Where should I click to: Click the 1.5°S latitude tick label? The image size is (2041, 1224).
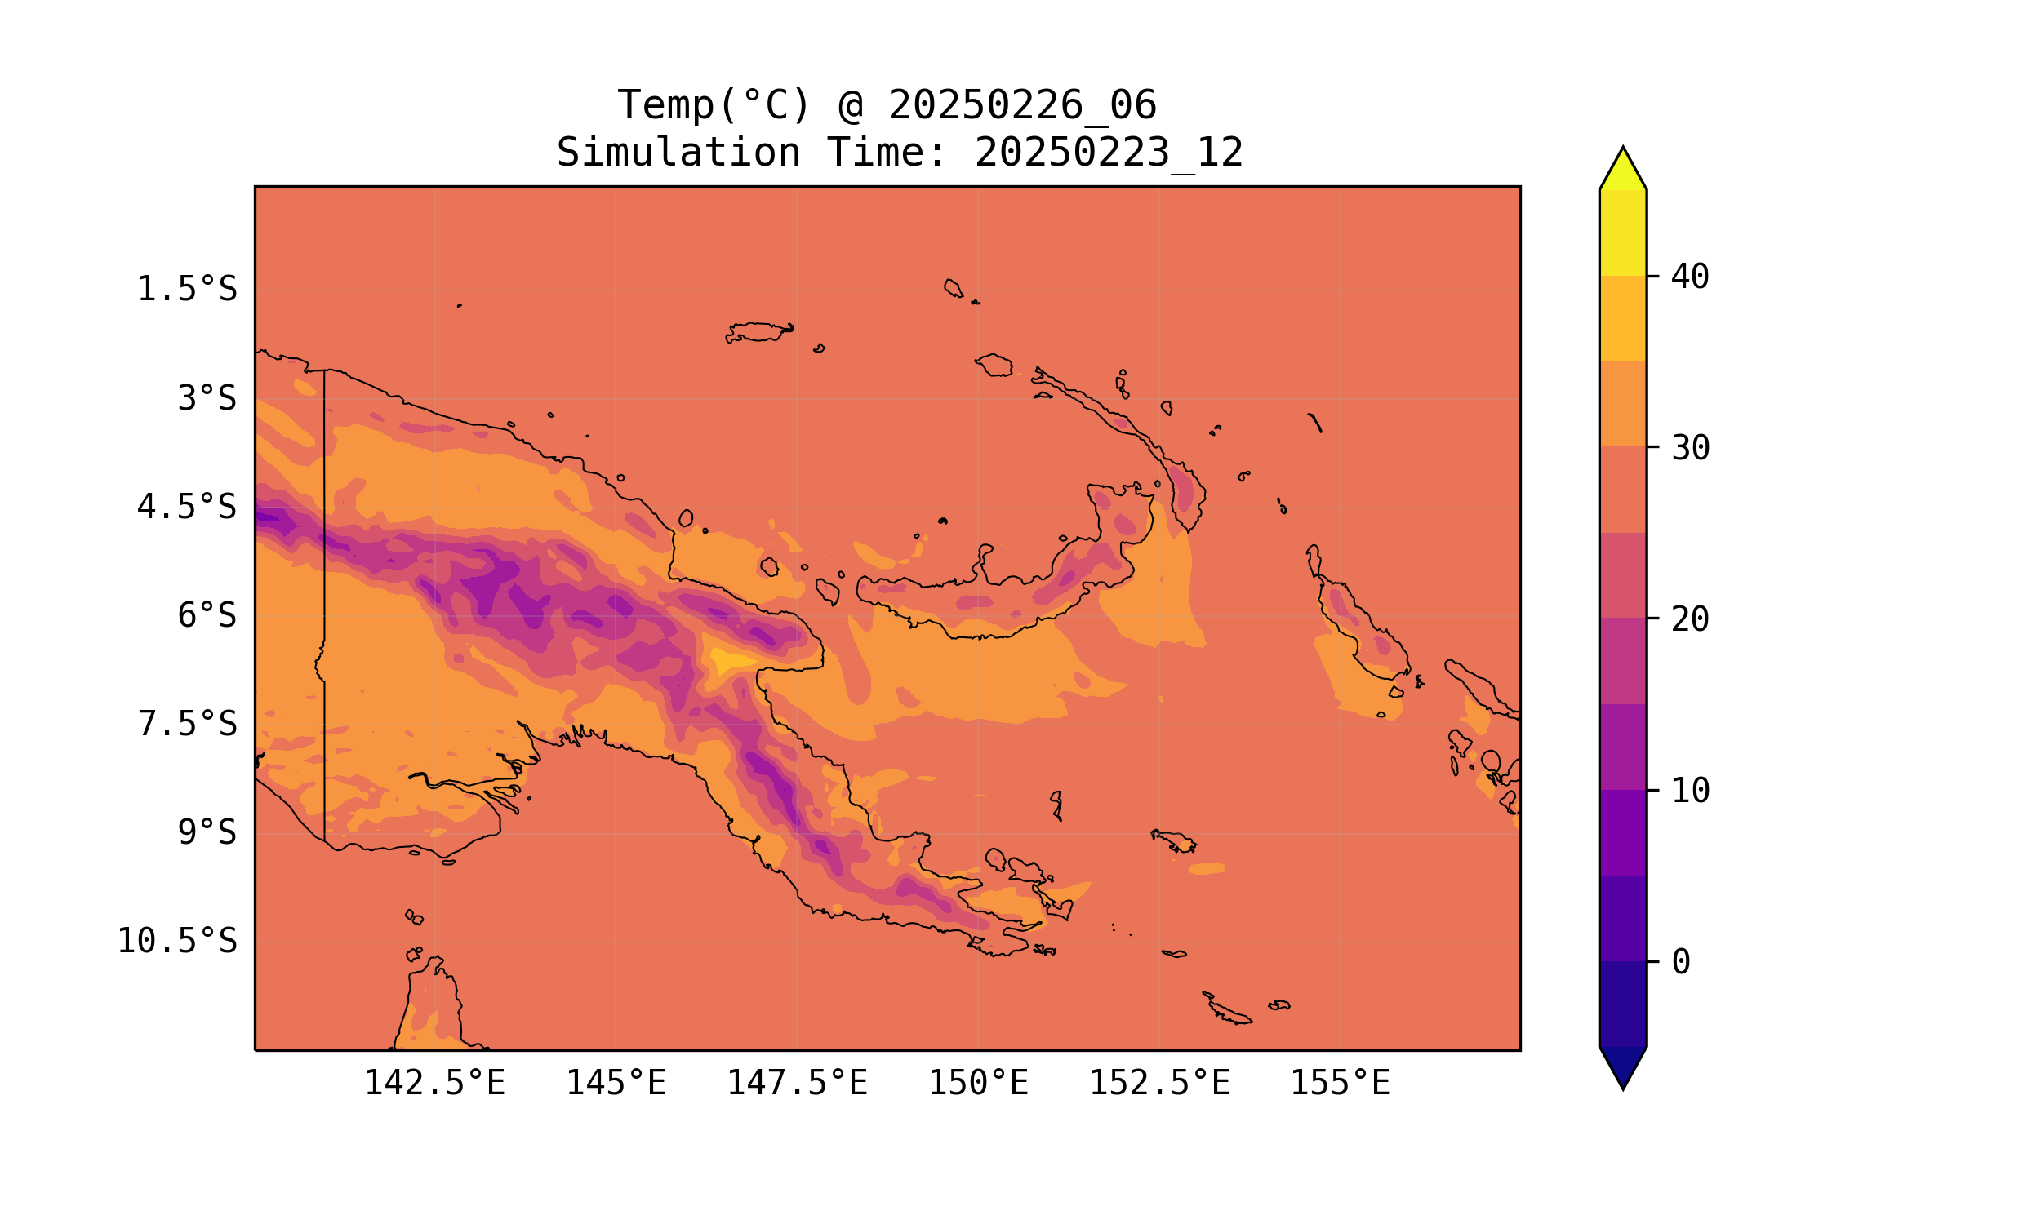point(186,290)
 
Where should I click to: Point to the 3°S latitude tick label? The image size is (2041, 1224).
point(207,398)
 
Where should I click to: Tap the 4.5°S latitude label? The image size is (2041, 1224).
point(186,508)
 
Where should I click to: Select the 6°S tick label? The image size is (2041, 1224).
point(207,615)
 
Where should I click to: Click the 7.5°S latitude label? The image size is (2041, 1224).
point(186,724)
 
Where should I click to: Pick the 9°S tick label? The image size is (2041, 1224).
point(207,832)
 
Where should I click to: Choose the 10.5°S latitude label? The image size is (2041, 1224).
point(176,941)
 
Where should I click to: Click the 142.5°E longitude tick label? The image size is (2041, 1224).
point(435,1083)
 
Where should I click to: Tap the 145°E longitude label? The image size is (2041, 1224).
point(616,1083)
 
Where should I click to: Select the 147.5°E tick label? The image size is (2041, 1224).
point(797,1083)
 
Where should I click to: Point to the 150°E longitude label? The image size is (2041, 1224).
point(978,1083)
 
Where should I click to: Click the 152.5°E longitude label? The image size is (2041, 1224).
point(1159,1083)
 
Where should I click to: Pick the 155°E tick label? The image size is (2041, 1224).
point(1340,1083)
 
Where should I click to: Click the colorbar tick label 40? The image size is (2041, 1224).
point(1690,277)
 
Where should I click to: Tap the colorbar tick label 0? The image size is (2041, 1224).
point(1680,963)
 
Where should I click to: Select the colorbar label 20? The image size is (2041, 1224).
point(1690,619)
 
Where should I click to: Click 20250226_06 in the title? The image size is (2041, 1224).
point(1022,105)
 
